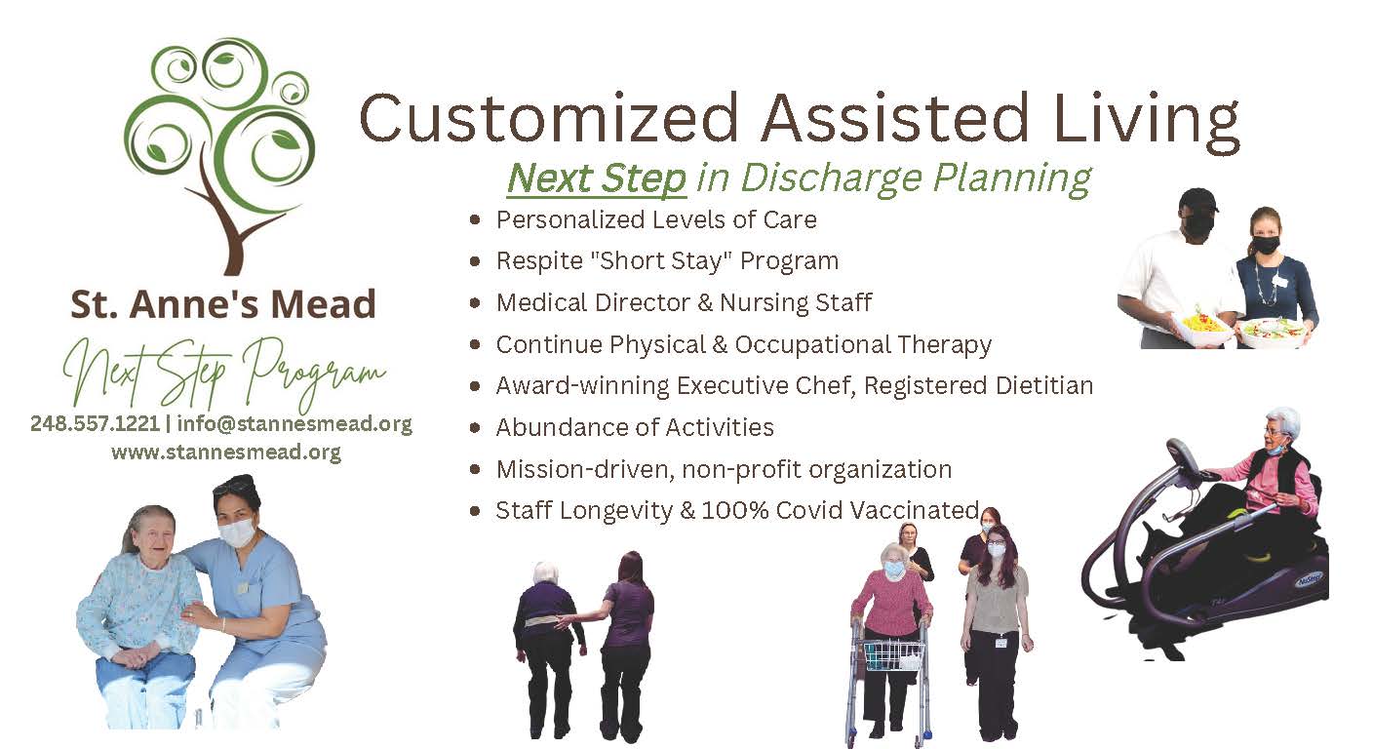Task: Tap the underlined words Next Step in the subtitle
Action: (596, 178)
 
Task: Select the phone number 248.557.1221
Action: (95, 423)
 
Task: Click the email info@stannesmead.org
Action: (294, 423)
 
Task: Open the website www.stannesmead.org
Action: (226, 453)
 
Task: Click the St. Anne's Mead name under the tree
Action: (223, 304)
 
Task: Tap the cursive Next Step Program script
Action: (223, 373)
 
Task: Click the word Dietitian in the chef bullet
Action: (1043, 385)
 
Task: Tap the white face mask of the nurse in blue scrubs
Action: (237, 532)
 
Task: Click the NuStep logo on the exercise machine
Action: (1309, 579)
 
